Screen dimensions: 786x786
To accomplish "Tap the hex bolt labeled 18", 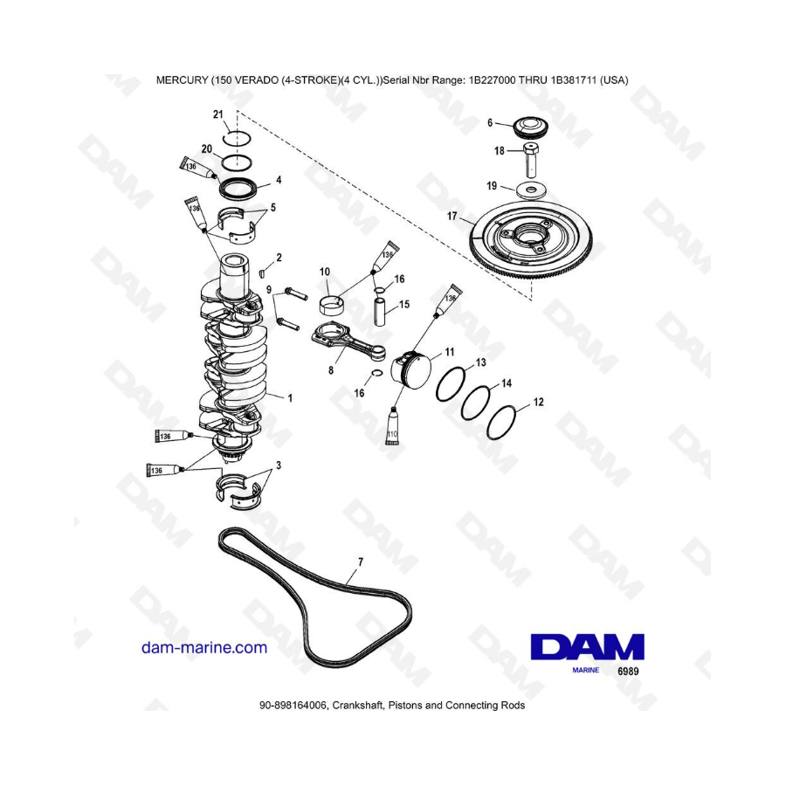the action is pyautogui.click(x=531, y=160).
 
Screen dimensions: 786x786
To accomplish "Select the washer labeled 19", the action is pyautogui.click(x=531, y=190).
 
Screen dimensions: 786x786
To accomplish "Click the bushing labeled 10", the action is pyautogui.click(x=331, y=304).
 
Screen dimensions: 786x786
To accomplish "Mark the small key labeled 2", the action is pyautogui.click(x=261, y=273).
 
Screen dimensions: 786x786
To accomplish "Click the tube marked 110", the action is pyautogui.click(x=392, y=426).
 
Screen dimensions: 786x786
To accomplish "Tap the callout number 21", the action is pyautogui.click(x=217, y=114).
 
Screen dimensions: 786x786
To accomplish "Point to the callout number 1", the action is pyautogui.click(x=290, y=398).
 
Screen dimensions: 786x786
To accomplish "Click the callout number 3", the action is pyautogui.click(x=279, y=465).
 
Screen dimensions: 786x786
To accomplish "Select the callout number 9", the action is pyautogui.click(x=269, y=290).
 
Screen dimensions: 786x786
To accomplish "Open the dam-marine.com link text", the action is pyautogui.click(x=204, y=648).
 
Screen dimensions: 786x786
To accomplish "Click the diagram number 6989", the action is pyautogui.click(x=628, y=672).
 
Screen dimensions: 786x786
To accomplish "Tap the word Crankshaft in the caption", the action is pyautogui.click(x=358, y=706).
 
